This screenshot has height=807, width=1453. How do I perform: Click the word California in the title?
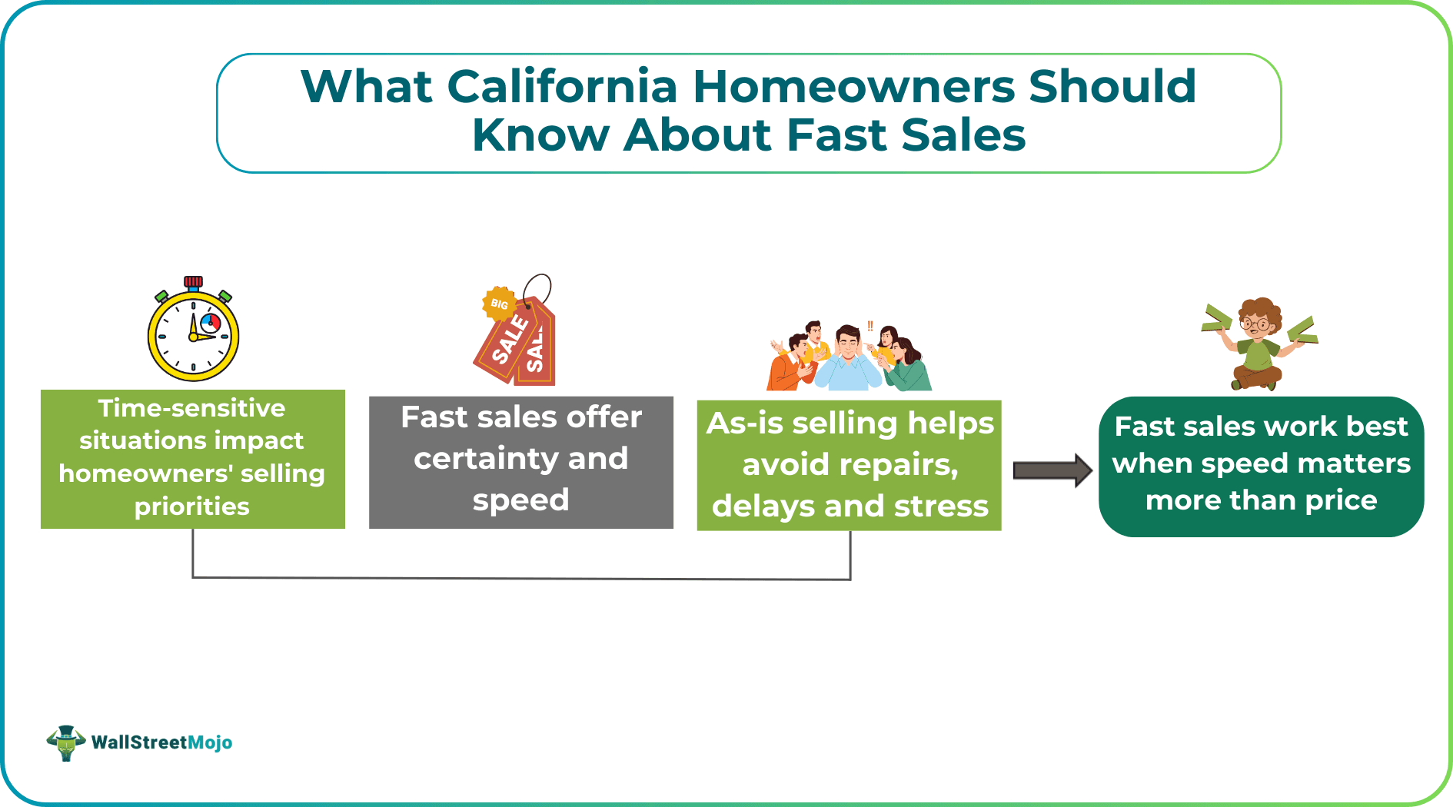(562, 86)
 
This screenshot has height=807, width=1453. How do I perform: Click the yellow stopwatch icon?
(193, 332)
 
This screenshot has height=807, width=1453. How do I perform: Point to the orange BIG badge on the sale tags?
(498, 304)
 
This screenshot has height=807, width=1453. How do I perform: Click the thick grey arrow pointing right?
(1052, 470)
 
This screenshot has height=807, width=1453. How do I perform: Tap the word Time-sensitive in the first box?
(191, 408)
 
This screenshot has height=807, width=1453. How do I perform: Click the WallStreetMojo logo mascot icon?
(66, 742)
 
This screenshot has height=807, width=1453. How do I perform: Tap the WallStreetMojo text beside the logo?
(161, 742)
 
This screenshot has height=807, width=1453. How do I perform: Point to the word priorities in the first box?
(191, 506)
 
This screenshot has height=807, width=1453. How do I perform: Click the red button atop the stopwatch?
(193, 281)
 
